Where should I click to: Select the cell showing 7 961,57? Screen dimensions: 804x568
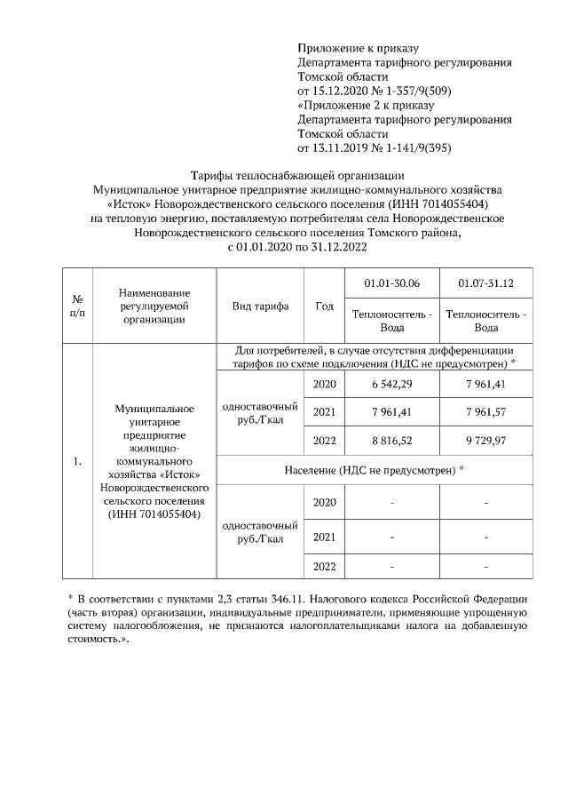[485, 412]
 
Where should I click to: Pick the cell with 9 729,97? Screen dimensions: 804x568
[485, 441]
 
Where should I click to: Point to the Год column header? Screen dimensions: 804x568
[324, 306]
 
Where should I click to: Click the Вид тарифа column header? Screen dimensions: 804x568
[260, 306]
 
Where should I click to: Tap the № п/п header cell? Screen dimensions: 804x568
[78, 306]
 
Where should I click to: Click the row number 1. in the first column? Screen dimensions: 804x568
[78, 461]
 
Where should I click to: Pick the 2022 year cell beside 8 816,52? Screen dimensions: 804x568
[324, 441]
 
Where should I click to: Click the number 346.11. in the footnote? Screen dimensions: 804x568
[312, 595]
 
